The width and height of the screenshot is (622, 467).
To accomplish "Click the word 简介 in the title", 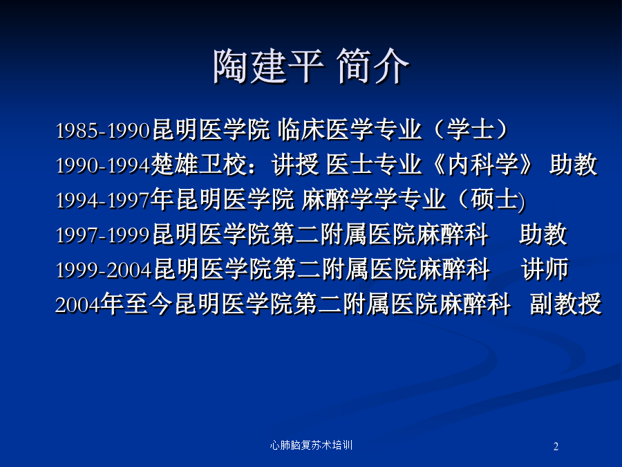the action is [x=373, y=66].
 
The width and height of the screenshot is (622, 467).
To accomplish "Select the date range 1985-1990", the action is [x=103, y=131].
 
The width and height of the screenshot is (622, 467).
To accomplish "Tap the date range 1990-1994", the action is [x=103, y=165].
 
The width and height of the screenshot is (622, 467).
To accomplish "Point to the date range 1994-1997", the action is [x=103, y=200].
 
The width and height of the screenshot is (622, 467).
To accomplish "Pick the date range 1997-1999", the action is [x=103, y=235].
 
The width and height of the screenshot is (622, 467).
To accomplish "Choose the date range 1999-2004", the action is [x=104, y=270].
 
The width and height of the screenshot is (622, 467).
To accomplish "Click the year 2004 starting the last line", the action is [x=77, y=305].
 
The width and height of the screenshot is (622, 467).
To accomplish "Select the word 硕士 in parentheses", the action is [x=495, y=199].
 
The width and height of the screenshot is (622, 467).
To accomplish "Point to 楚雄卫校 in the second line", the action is [x=199, y=164].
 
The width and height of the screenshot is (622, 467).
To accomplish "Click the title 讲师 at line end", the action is [x=545, y=269].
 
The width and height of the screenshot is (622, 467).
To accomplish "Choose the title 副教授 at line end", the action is [x=565, y=304].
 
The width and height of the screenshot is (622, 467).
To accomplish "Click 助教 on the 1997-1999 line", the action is [x=543, y=234].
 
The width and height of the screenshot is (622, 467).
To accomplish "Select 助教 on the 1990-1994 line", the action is [x=573, y=164].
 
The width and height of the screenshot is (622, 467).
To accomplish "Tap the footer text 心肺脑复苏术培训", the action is [x=311, y=445].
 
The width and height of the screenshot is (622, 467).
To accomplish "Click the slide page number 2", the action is [x=556, y=446].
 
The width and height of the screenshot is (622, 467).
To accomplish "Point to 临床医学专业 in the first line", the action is [x=350, y=129].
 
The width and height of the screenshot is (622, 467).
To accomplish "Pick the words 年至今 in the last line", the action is [x=136, y=304].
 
